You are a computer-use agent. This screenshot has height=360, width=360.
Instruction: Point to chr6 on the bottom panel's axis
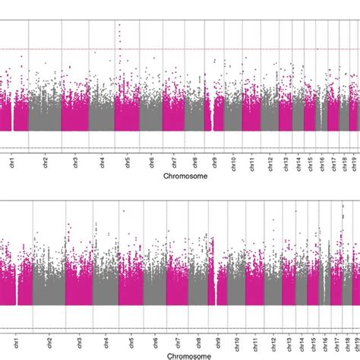(154, 341)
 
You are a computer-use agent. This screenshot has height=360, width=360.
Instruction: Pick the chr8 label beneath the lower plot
(197, 341)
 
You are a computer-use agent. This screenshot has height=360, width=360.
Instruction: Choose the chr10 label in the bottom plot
(235, 342)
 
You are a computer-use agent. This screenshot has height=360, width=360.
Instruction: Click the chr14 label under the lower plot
(302, 342)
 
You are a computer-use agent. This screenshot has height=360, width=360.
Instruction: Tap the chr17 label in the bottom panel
(336, 342)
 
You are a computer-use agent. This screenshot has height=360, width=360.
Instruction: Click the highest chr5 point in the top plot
(119, 25)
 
